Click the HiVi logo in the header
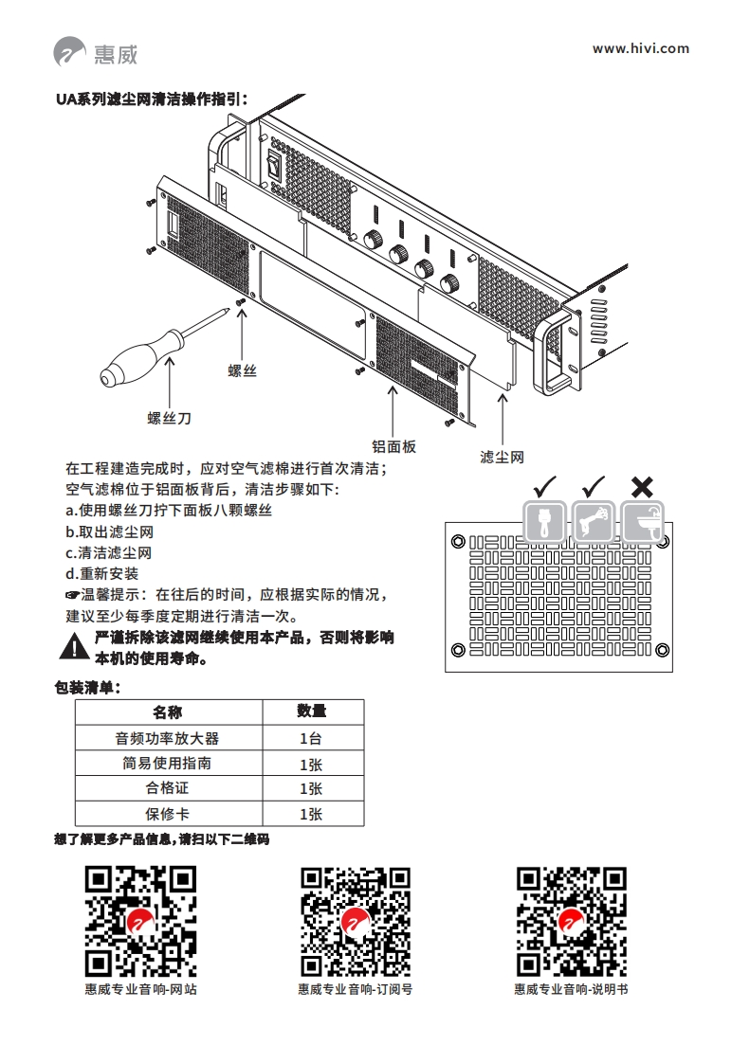click(x=95, y=51)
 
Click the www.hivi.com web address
click(x=640, y=48)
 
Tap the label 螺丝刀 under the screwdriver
click(x=170, y=417)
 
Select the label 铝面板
click(x=393, y=446)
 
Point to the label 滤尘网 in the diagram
click(x=502, y=457)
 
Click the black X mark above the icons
click(x=642, y=487)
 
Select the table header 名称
click(x=167, y=712)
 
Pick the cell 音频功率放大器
click(x=167, y=738)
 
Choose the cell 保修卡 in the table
click(x=167, y=814)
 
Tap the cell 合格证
click(x=167, y=788)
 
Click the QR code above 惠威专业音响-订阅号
click(x=356, y=922)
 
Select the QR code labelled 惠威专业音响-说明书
click(x=571, y=922)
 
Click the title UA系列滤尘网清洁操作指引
click(x=153, y=98)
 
